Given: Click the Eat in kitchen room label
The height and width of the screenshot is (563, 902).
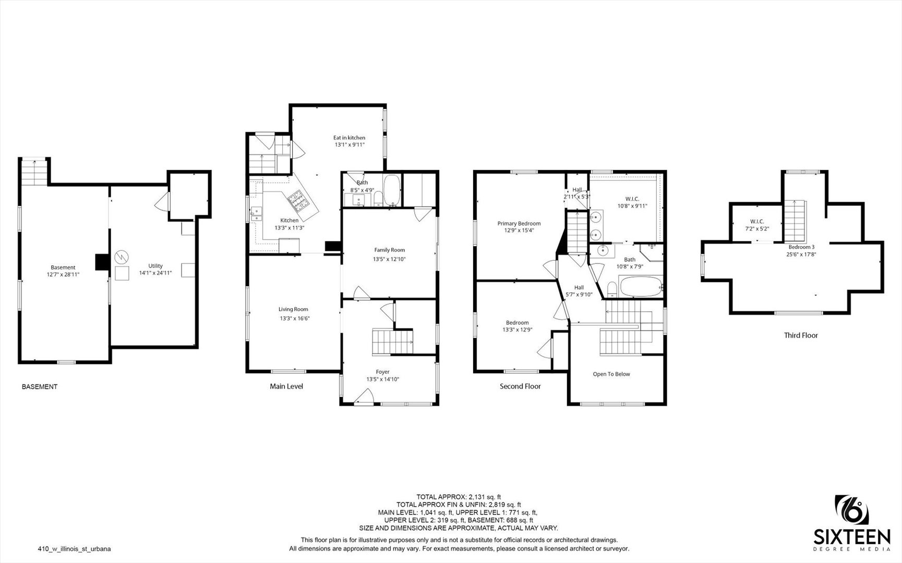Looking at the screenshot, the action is pyautogui.click(x=349, y=138).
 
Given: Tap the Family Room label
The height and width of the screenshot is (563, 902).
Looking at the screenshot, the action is pyautogui.click(x=389, y=250).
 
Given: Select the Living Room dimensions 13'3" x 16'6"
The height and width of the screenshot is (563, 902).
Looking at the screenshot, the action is pyautogui.click(x=295, y=318).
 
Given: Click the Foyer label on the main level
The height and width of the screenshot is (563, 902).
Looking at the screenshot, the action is pyautogui.click(x=382, y=372).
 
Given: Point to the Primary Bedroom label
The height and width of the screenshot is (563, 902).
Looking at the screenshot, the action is pyautogui.click(x=519, y=224).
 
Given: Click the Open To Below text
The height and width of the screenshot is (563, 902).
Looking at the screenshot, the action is pyautogui.click(x=611, y=374).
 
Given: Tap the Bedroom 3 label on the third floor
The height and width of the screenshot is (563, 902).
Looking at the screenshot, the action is pyautogui.click(x=801, y=247).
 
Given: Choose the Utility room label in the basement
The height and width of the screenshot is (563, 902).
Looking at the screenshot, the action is pyautogui.click(x=155, y=266).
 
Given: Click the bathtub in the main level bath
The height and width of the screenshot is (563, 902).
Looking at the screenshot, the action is pyautogui.click(x=391, y=190).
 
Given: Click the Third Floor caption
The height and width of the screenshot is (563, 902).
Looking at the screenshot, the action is pyautogui.click(x=801, y=335).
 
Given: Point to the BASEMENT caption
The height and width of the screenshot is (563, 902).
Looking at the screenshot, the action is pyautogui.click(x=40, y=387).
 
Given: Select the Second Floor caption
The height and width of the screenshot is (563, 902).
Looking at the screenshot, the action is pyautogui.click(x=520, y=386).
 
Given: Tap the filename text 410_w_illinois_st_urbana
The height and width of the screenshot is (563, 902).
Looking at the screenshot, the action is pyautogui.click(x=74, y=548).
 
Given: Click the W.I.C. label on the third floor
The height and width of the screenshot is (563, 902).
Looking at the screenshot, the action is pyautogui.click(x=757, y=222).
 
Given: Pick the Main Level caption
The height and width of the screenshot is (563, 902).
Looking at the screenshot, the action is pyautogui.click(x=286, y=386).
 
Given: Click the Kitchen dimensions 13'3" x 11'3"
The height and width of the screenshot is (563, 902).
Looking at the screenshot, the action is pyautogui.click(x=290, y=228).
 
